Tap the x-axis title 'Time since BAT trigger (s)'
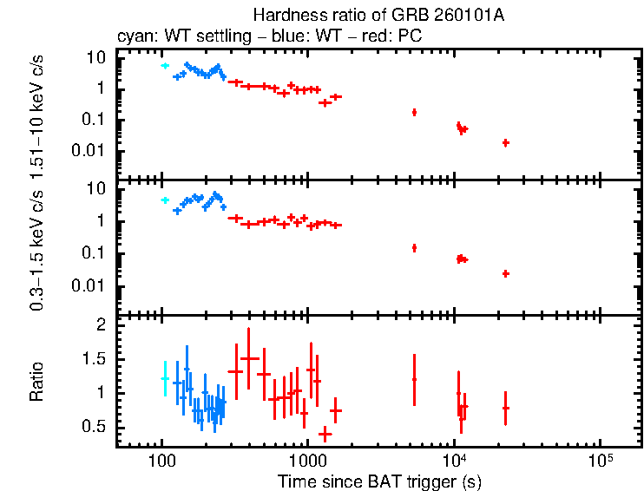tap(379, 481)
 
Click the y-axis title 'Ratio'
tap(36, 382)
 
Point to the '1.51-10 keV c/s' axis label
tap(36, 115)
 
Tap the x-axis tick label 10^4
tap(453, 459)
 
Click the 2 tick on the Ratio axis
tap(100, 325)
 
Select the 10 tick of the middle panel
tap(97, 189)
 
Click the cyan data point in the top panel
tap(165, 66)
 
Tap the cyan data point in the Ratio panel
tap(165, 378)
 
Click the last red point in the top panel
tap(505, 142)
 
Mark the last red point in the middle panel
tap(505, 273)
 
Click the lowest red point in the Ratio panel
tap(325, 433)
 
